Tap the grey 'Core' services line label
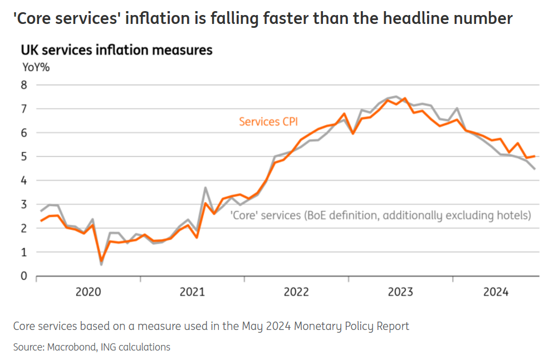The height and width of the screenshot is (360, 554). click(x=381, y=215)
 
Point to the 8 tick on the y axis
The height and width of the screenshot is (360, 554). click(x=24, y=85)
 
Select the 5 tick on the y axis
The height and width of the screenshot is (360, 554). click(x=24, y=157)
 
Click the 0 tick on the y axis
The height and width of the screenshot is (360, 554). click(x=24, y=276)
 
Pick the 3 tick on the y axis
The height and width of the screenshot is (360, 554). click(x=24, y=205)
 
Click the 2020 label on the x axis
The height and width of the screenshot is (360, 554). click(x=88, y=292)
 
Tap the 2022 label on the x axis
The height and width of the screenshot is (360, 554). click(x=296, y=292)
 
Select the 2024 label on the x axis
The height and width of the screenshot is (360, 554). click(x=496, y=292)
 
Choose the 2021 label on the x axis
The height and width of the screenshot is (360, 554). click(x=192, y=292)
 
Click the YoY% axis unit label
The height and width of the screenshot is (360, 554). click(x=36, y=68)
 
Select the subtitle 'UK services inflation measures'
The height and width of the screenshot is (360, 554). click(x=116, y=50)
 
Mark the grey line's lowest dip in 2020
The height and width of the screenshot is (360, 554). click(x=101, y=264)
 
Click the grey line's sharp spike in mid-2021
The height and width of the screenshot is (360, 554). click(x=205, y=188)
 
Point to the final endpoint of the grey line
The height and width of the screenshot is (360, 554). click(x=535, y=169)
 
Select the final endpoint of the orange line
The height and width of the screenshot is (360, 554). click(x=535, y=156)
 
